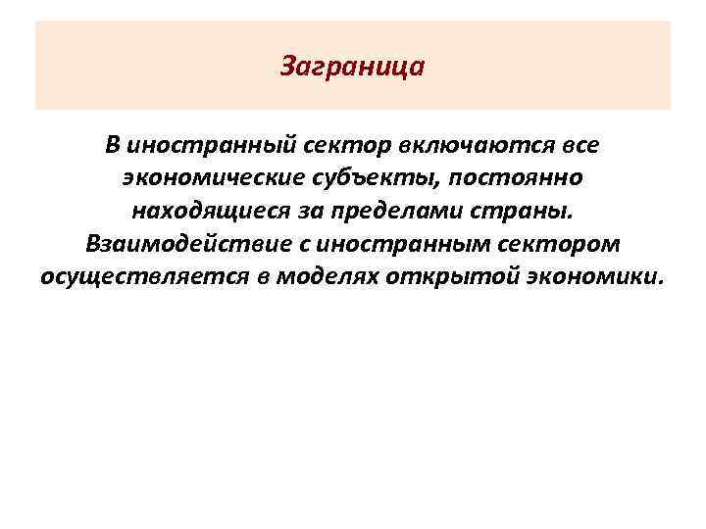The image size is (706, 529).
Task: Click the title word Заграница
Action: (x=352, y=68)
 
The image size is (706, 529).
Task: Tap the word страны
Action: (x=527, y=211)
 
